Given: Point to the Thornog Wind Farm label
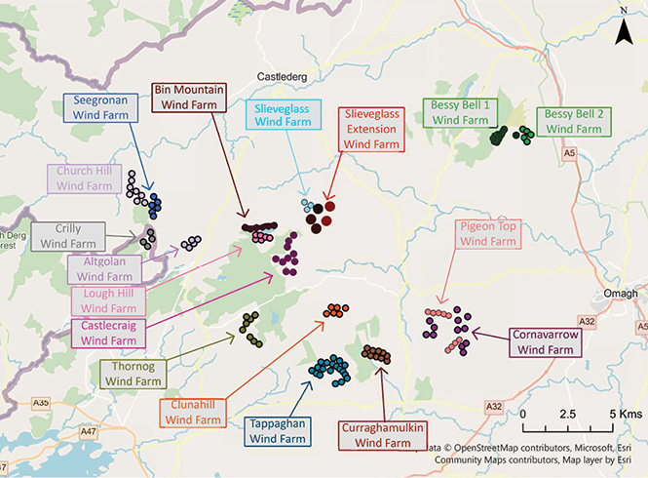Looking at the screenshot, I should point(133,374).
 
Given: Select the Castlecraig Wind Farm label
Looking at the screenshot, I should point(109,333).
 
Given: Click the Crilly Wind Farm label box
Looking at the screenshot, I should point(68,236).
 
